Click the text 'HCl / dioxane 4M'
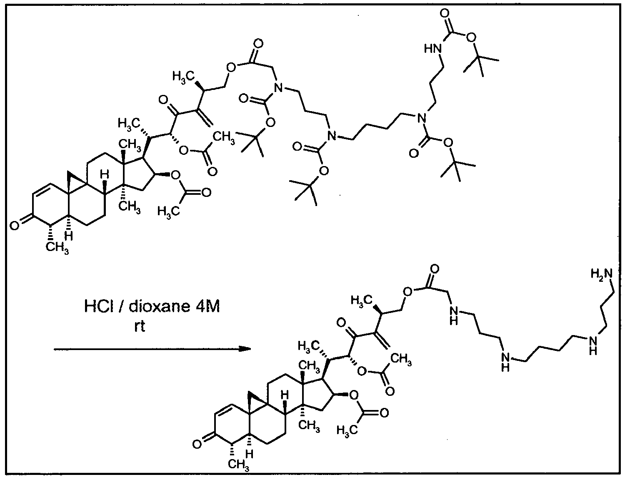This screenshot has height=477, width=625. click(152, 307)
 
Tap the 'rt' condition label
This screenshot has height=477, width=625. click(140, 327)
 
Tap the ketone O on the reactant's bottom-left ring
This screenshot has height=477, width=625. click(15, 226)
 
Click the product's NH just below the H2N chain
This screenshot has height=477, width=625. click(592, 345)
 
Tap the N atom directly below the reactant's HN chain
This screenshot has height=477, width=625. click(422, 117)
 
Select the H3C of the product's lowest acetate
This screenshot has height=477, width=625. click(347, 430)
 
